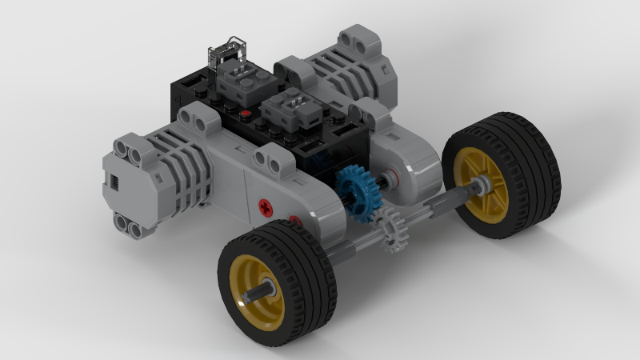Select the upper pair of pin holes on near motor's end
[130, 147]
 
